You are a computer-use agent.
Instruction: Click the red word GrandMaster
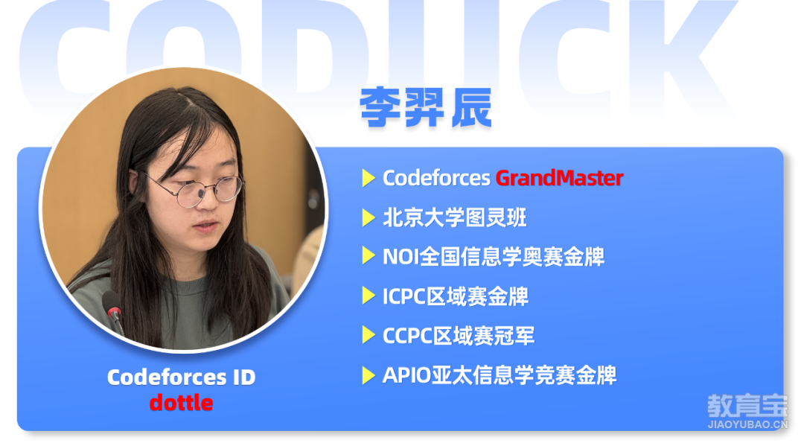pyautogui.click(x=559, y=178)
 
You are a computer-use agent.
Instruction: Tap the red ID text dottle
pyautogui.click(x=181, y=402)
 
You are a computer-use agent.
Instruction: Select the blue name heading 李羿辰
pyautogui.click(x=426, y=107)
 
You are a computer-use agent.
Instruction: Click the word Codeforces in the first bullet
pyautogui.click(x=436, y=178)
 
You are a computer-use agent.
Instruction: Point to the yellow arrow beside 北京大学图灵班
pyautogui.click(x=368, y=217)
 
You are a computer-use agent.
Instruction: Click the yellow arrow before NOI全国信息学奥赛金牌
pyautogui.click(x=368, y=256)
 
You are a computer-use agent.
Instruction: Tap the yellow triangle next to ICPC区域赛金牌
pyautogui.click(x=368, y=296)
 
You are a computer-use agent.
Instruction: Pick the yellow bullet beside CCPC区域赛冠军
pyautogui.click(x=368, y=335)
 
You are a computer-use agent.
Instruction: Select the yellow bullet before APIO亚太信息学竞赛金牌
pyautogui.click(x=368, y=375)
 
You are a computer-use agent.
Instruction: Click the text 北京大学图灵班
pyautogui.click(x=455, y=217)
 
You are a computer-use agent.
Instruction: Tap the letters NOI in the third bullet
pyautogui.click(x=401, y=256)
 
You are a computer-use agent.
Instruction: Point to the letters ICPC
pyautogui.click(x=404, y=296)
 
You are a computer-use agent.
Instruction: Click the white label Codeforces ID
pyautogui.click(x=181, y=377)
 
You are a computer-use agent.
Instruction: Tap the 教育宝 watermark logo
pyautogui.click(x=747, y=406)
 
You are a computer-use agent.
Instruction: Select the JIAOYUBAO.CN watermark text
pyautogui.click(x=747, y=424)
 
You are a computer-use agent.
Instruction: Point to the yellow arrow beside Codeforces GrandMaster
pyautogui.click(x=368, y=178)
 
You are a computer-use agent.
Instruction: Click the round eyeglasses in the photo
pyautogui.click(x=200, y=190)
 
